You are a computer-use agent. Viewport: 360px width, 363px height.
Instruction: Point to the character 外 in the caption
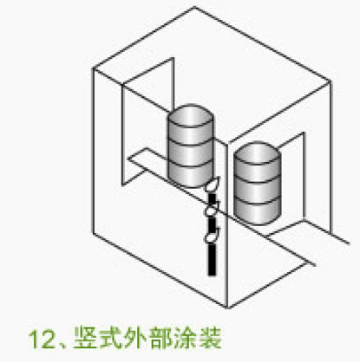coord(136,338)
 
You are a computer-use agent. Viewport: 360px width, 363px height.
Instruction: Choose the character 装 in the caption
coord(210,338)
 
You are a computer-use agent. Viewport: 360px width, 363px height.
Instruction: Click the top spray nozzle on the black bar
coord(213,185)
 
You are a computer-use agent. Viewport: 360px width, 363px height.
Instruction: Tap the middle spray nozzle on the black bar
coord(212,209)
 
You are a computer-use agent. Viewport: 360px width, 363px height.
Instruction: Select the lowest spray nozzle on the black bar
coord(212,235)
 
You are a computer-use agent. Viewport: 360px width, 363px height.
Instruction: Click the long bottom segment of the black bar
coord(212,259)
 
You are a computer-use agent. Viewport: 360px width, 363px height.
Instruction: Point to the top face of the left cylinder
coord(191,116)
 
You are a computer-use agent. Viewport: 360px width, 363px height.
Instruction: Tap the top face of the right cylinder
coord(257,153)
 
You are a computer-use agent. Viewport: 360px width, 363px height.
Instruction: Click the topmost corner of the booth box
coord(195,7)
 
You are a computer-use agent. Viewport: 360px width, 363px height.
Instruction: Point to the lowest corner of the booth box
coord(227,308)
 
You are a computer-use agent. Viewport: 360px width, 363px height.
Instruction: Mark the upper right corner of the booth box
coord(331,82)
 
